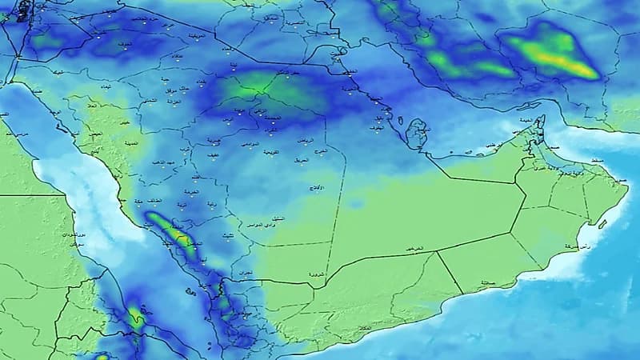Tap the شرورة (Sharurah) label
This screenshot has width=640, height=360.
pos(315,275)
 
